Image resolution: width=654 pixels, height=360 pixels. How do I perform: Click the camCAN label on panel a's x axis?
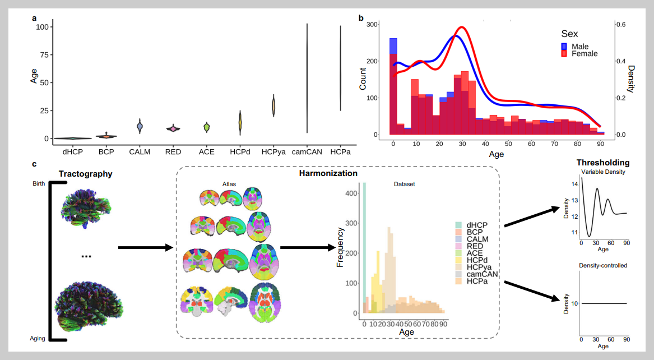point(307,151)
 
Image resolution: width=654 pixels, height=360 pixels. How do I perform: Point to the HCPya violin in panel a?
point(274,105)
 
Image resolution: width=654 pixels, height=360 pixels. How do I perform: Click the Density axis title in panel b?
point(631,79)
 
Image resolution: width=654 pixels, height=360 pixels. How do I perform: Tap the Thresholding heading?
point(603,163)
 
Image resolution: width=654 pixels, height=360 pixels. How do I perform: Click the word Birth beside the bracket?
point(39,183)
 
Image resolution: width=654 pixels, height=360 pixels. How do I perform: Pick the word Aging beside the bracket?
point(38,338)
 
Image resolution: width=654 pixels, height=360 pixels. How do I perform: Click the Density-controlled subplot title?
point(603,265)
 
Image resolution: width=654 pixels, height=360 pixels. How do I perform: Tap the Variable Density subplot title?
point(603,172)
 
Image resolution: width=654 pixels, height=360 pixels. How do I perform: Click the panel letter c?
point(35,164)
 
